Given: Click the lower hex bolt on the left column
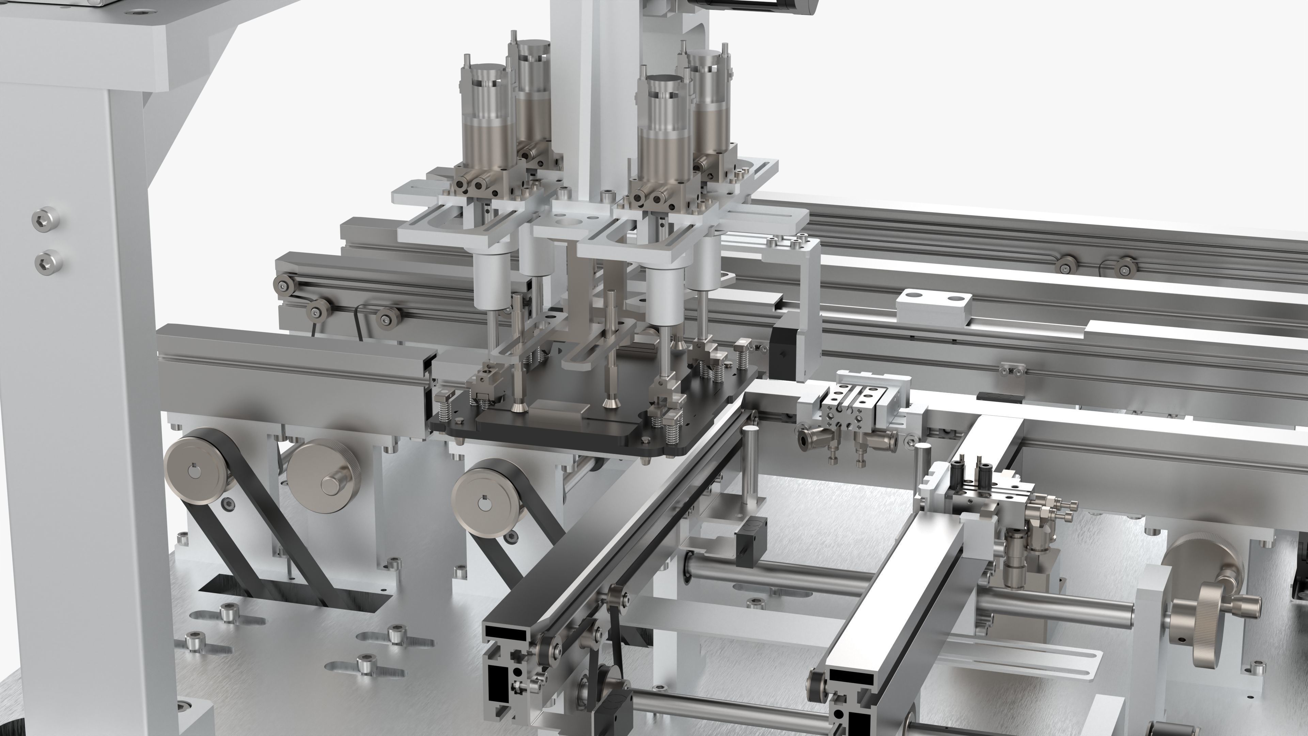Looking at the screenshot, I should pyautogui.click(x=48, y=261).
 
